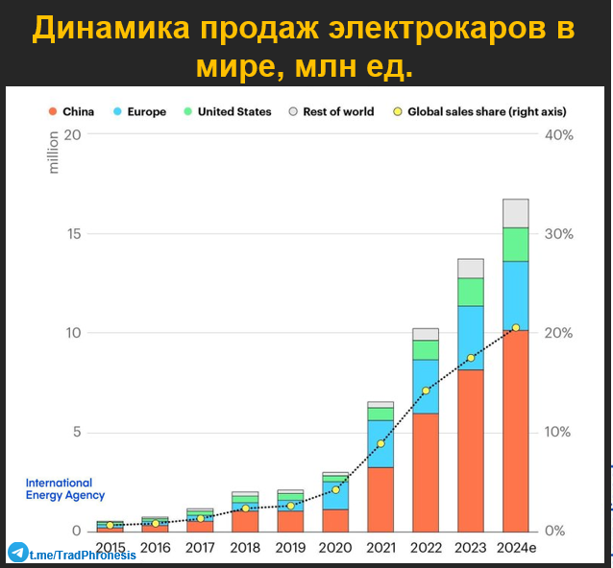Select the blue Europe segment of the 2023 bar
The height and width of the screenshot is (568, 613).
pyautogui.click(x=470, y=338)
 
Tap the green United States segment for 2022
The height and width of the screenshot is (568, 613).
pyautogui.click(x=426, y=350)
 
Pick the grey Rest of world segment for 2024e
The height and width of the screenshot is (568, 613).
pyautogui.click(x=515, y=213)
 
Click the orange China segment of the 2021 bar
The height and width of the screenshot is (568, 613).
pyautogui.click(x=380, y=499)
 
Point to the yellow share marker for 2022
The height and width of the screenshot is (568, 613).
pyautogui.click(x=426, y=390)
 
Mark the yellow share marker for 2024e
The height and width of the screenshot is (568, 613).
pyautogui.click(x=516, y=328)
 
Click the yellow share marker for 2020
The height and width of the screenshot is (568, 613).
pyautogui.click(x=335, y=489)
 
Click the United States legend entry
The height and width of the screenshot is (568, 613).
pyautogui.click(x=226, y=111)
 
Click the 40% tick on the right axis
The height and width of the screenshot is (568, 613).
pyautogui.click(x=558, y=135)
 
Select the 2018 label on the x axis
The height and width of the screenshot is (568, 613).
pyautogui.click(x=246, y=549)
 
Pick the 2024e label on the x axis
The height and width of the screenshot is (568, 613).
pyautogui.click(x=517, y=549)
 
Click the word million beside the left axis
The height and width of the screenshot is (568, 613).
pyautogui.click(x=54, y=153)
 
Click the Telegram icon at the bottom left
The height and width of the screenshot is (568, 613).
pyautogui.click(x=17, y=554)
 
